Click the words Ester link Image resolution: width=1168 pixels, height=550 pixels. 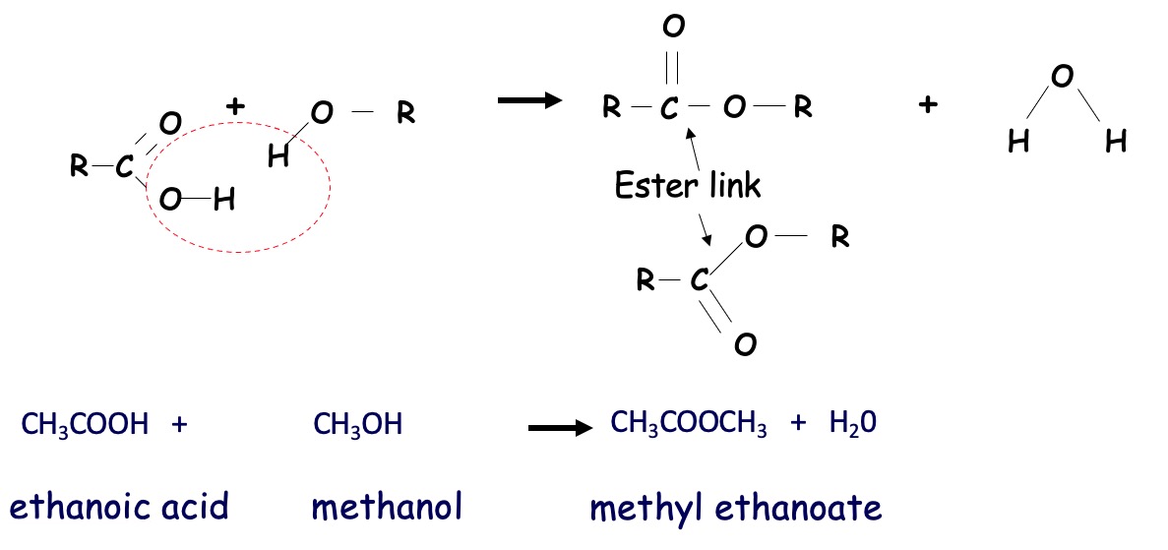[x=688, y=184]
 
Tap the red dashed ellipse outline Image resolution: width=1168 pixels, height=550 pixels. [x=332, y=187]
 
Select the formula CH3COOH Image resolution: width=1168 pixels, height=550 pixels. [x=85, y=425]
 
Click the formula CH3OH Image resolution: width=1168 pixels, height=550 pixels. [x=357, y=425]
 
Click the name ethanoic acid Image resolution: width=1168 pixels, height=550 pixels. [x=119, y=507]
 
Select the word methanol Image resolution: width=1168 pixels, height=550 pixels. [x=387, y=507]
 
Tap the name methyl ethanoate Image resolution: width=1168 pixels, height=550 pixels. [x=736, y=508]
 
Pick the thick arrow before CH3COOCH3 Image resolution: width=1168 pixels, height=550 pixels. [x=560, y=428]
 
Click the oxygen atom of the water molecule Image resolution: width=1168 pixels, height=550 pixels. [x=1061, y=77]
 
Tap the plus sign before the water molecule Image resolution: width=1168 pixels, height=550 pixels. [x=926, y=105]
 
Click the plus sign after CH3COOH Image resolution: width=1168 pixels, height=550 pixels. [x=178, y=425]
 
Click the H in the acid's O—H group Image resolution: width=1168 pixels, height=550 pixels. [x=223, y=202]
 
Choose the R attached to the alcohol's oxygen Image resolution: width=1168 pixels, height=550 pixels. [x=405, y=114]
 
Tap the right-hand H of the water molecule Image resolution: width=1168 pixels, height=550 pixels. [x=1115, y=143]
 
